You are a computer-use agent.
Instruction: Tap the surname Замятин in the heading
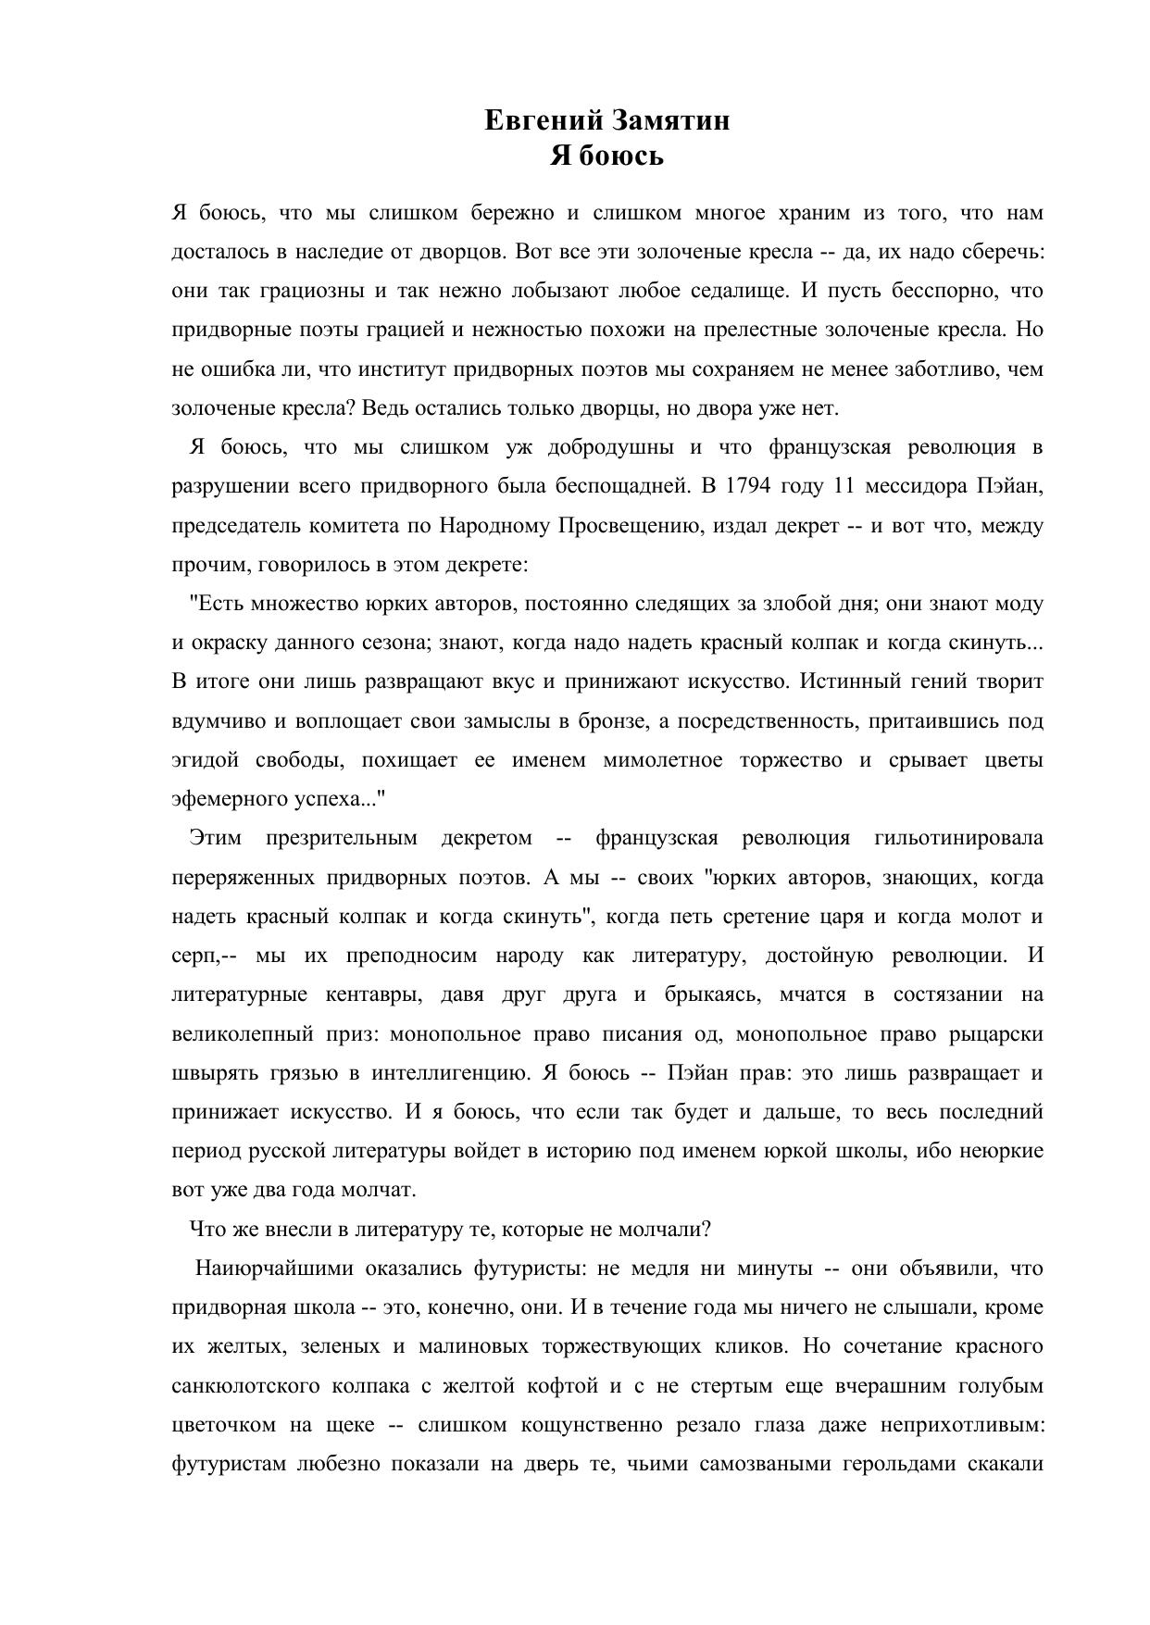point(669,120)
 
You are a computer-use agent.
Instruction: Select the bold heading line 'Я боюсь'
point(606,156)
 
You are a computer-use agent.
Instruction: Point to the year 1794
point(746,486)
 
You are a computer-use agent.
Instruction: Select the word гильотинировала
point(958,838)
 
